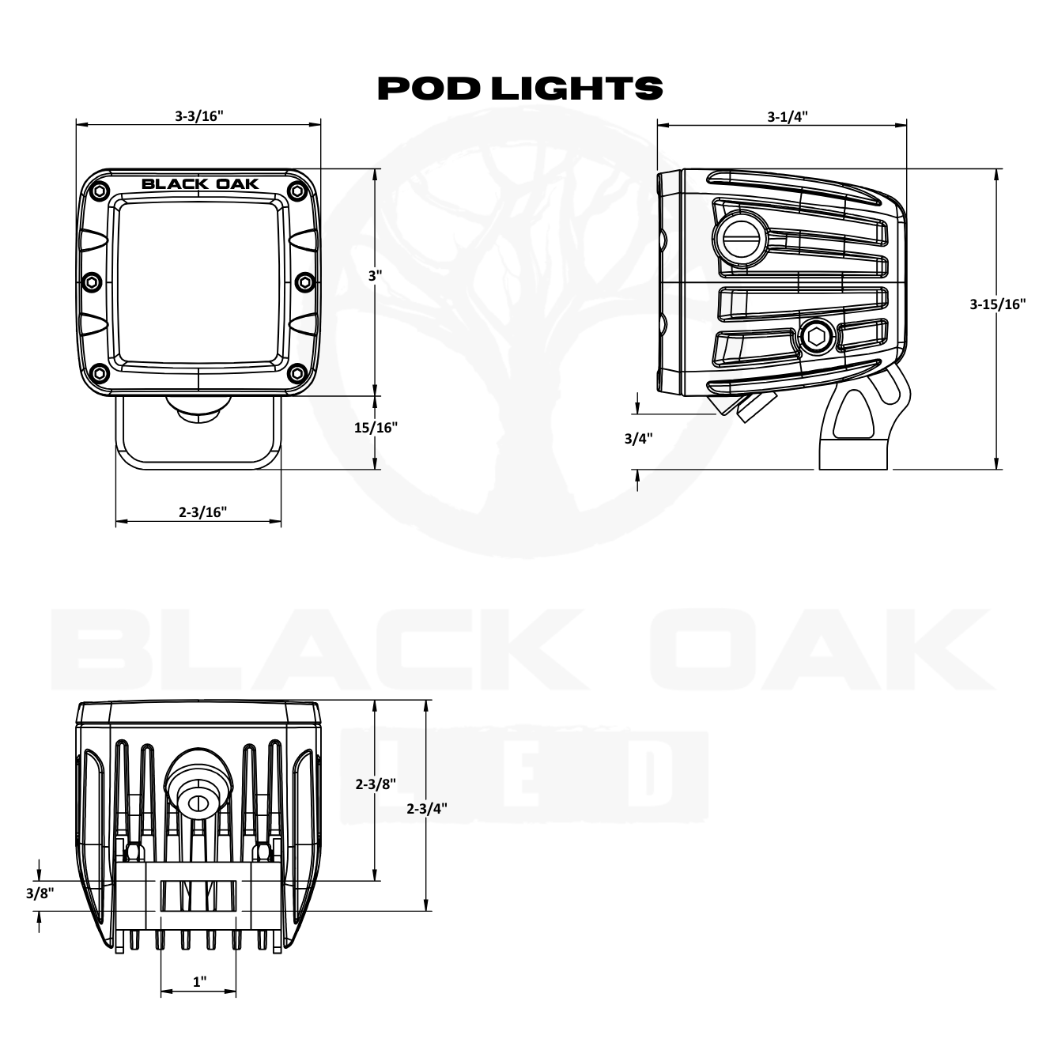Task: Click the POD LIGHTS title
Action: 520,89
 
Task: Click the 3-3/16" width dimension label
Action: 199,116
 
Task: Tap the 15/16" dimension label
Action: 375,428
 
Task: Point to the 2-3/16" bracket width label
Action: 202,512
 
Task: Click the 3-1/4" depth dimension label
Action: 787,117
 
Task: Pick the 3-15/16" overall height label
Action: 998,304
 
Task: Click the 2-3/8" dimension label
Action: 375,784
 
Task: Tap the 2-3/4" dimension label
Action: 427,808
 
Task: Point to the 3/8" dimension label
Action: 39,893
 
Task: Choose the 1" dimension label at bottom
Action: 200,982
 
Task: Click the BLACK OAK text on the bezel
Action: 200,184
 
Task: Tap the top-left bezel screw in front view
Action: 99,190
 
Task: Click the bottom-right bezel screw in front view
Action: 297,372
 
